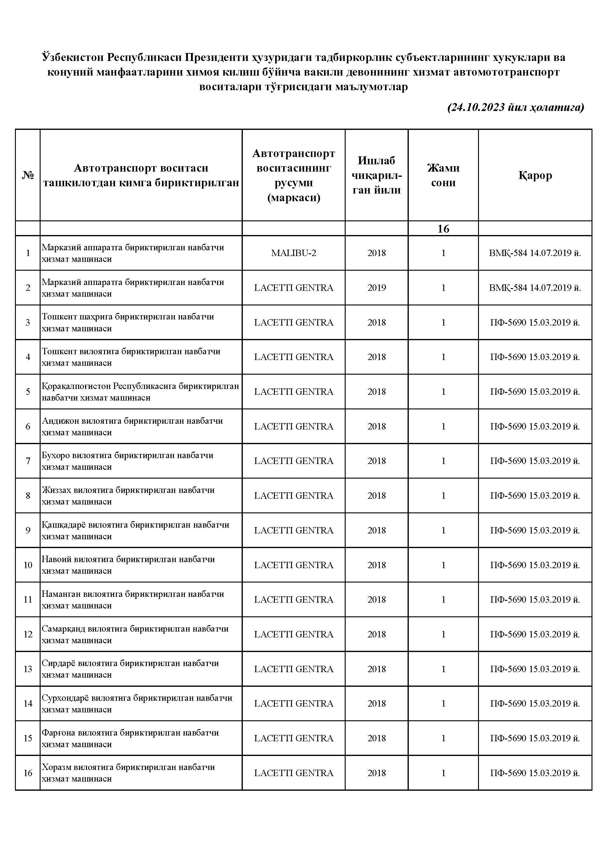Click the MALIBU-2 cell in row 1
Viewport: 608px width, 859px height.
pyautogui.click(x=293, y=253)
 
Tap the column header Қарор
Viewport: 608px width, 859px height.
pyautogui.click(x=535, y=175)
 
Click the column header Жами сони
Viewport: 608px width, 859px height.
pyautogui.click(x=443, y=175)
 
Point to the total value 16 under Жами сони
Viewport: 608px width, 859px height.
pyautogui.click(x=443, y=229)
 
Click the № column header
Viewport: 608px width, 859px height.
pyautogui.click(x=28, y=175)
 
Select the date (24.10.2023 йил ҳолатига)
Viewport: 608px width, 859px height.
pyautogui.click(x=516, y=108)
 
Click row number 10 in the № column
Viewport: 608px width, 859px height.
pyautogui.click(x=28, y=565)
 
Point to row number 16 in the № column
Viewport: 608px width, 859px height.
pyautogui.click(x=28, y=773)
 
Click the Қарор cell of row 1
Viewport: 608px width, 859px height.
pyautogui.click(x=535, y=253)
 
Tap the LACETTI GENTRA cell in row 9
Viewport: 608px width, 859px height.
pyautogui.click(x=293, y=530)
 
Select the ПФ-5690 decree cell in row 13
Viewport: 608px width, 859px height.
pyautogui.click(x=535, y=669)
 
